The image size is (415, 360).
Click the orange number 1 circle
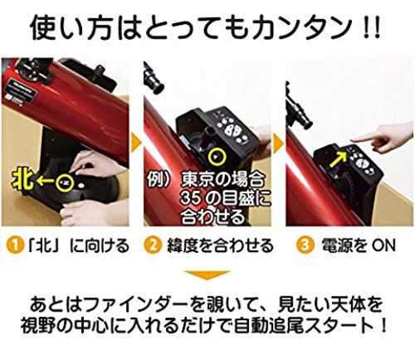[15, 246]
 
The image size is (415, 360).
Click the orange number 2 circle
[153, 246]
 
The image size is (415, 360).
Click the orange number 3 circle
[305, 246]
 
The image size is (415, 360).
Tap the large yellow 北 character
[24, 180]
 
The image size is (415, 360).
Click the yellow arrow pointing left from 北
[46, 181]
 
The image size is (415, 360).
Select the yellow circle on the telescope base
[66, 182]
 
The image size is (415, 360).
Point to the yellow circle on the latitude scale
[217, 157]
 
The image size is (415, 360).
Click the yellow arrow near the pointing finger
[338, 160]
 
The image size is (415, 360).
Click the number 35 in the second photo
[191, 198]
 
